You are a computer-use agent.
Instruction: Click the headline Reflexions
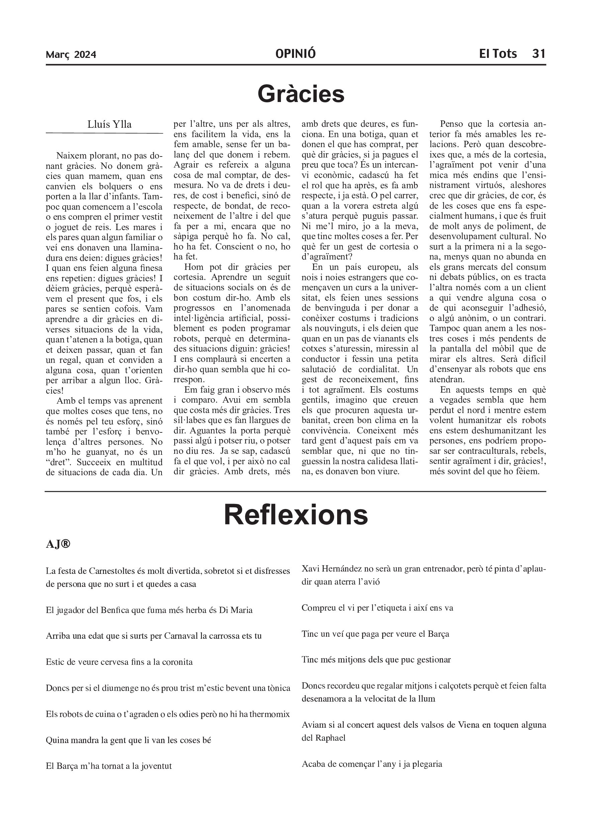(x=296, y=515)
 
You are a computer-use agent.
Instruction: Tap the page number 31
(x=538, y=54)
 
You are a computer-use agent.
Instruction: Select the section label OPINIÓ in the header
(x=295, y=54)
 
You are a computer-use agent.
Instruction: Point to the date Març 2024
(x=71, y=55)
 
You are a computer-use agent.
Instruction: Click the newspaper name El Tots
(x=498, y=54)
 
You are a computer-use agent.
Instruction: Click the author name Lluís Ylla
(x=109, y=124)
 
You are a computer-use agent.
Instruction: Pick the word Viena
(x=470, y=725)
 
